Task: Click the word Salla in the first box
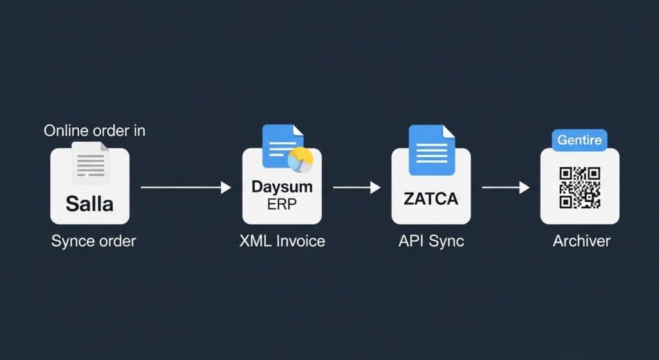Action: (x=89, y=204)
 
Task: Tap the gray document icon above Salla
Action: (x=90, y=163)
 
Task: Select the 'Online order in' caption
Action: (x=95, y=131)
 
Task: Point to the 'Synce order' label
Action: (x=93, y=242)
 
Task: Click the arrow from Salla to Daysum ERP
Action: (x=186, y=187)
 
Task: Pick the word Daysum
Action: (x=282, y=187)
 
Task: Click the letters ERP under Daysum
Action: (x=282, y=204)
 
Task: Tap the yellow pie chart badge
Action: (x=301, y=160)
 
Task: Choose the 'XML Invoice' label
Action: (x=282, y=241)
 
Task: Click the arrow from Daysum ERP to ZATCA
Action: (x=357, y=187)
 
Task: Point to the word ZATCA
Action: (x=431, y=199)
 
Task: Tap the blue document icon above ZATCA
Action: (x=432, y=150)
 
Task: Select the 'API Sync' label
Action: (x=431, y=241)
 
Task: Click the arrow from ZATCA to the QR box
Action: (x=506, y=187)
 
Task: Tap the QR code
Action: (x=580, y=187)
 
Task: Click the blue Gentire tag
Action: (x=579, y=140)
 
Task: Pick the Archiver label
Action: (x=581, y=241)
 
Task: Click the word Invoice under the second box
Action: (x=301, y=241)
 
